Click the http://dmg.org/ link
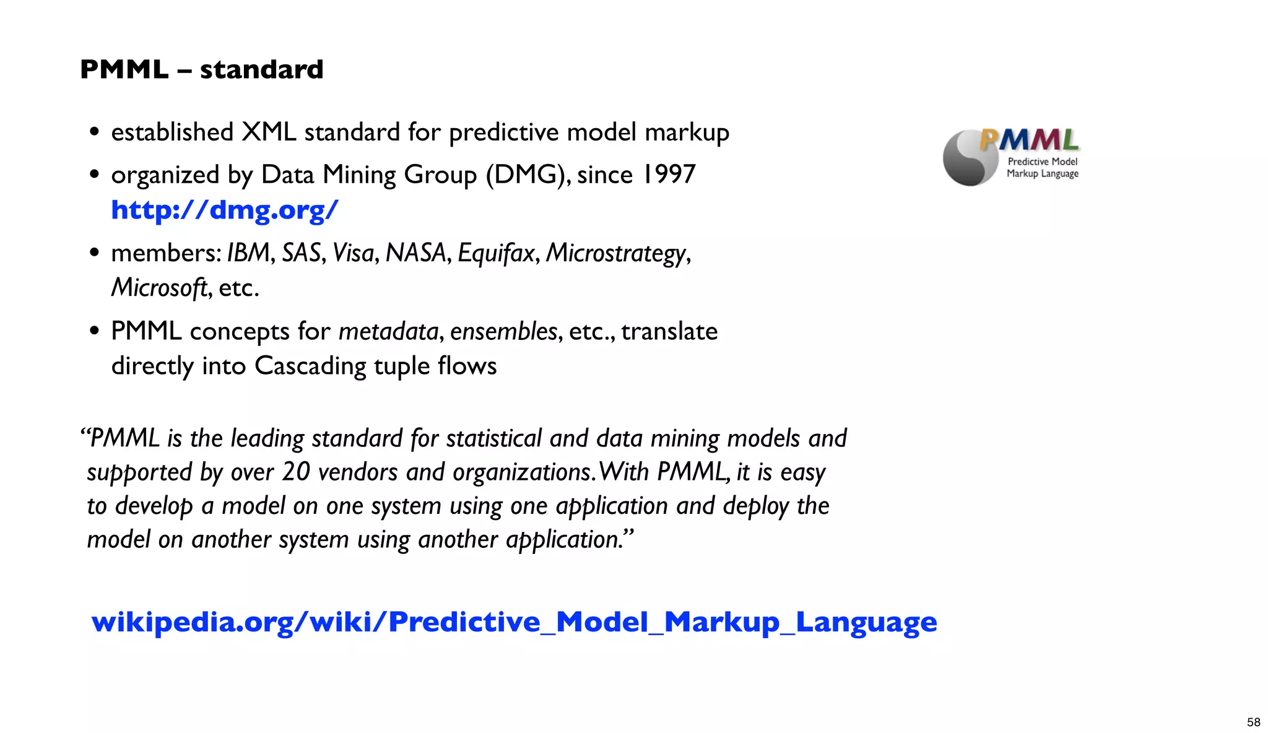pyautogui.click(x=224, y=210)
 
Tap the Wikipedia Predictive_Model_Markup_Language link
pyautogui.click(x=514, y=622)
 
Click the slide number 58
pyautogui.click(x=1253, y=722)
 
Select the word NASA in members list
pyautogui.click(x=415, y=253)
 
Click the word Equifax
pyautogui.click(x=495, y=253)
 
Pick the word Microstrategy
pyautogui.click(x=616, y=253)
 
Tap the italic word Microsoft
pyautogui.click(x=159, y=287)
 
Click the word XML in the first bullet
pyautogui.click(x=269, y=132)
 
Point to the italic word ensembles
pyautogui.click(x=503, y=332)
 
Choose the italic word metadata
pyautogui.click(x=388, y=332)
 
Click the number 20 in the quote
pyautogui.click(x=296, y=472)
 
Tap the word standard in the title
pyautogui.click(x=261, y=69)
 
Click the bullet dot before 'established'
pyautogui.click(x=94, y=132)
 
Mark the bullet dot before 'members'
pyautogui.click(x=94, y=253)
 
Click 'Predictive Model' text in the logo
pyautogui.click(x=1043, y=162)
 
